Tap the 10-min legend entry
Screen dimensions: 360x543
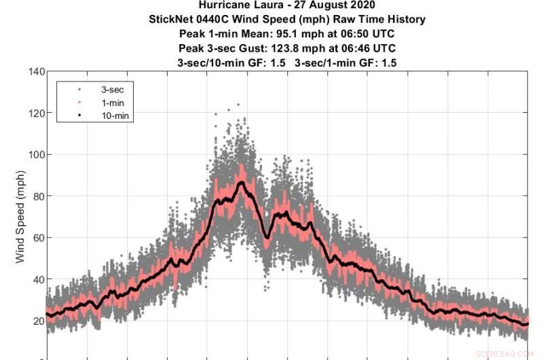(109, 116)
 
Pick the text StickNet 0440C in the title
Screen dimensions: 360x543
(188, 20)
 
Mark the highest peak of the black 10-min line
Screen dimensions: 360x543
(241, 182)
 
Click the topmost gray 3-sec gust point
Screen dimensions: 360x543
(238, 105)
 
